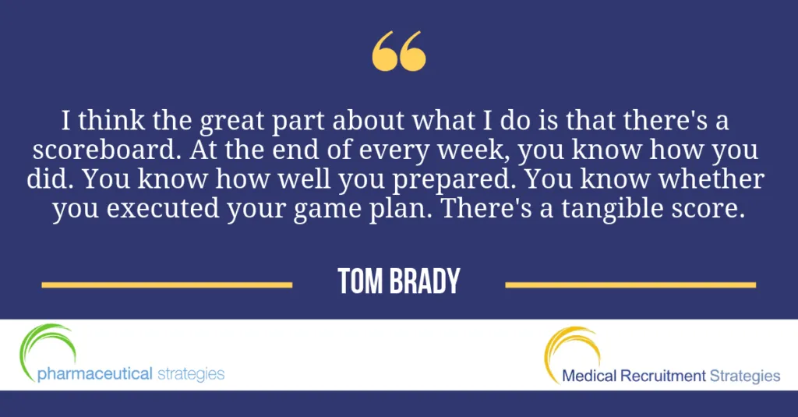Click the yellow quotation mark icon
click(x=399, y=51)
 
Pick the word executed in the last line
click(x=162, y=209)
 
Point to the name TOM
click(x=359, y=281)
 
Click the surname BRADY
click(x=425, y=281)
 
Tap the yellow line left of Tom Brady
click(x=167, y=285)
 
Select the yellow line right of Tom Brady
click(x=630, y=285)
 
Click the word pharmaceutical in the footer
click(x=94, y=374)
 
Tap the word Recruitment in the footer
click(x=663, y=376)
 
